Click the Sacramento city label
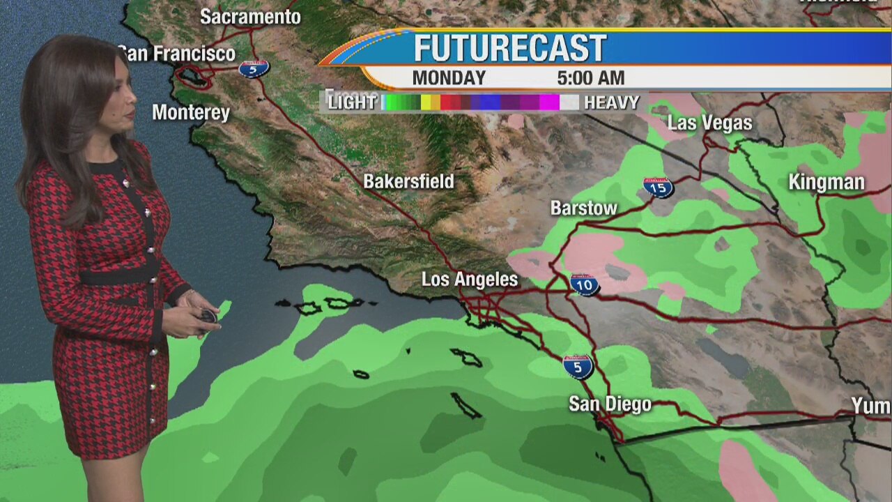tap(250, 17)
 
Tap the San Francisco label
tap(177, 54)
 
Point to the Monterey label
tap(191, 112)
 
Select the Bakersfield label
tap(408, 182)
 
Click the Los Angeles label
tap(470, 280)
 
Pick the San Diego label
tap(610, 404)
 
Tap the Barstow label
tap(583, 208)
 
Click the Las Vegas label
tap(709, 123)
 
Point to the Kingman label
tap(826, 183)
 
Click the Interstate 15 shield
tap(658, 187)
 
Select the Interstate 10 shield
tap(584, 284)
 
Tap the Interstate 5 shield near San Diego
tap(578, 366)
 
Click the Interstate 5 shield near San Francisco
tap(254, 68)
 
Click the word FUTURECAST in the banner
tap(510, 48)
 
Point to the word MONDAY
tap(449, 77)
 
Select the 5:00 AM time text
tap(590, 77)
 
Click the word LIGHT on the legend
tap(352, 102)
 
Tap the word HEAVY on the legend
tap(611, 102)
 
